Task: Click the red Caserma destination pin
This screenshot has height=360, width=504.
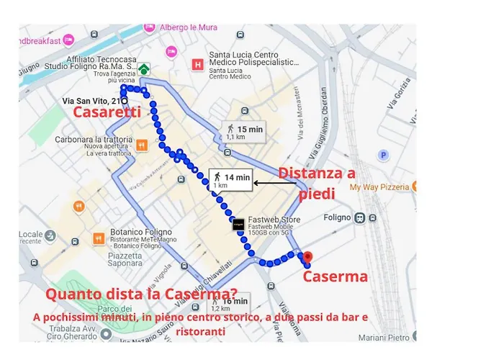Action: [307, 257]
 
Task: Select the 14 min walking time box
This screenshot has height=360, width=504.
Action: [230, 180]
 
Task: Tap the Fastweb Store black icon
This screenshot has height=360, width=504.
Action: [238, 225]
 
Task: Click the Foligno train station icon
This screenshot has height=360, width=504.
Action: [359, 218]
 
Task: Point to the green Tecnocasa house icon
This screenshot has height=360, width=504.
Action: [144, 69]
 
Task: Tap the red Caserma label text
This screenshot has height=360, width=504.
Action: [335, 276]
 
